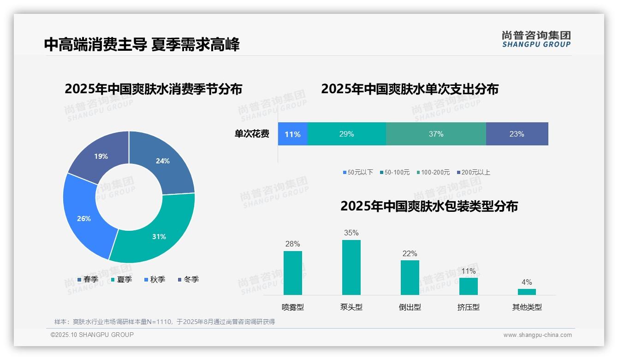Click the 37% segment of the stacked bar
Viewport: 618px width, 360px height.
[436, 134]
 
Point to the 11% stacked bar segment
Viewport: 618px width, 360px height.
[292, 134]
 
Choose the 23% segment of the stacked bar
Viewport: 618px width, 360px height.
[517, 134]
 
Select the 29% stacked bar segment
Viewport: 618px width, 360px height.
[346, 134]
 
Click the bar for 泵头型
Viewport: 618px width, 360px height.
[351, 267]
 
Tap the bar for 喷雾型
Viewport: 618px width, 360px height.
[292, 273]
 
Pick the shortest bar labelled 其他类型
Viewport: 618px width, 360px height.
[527, 292]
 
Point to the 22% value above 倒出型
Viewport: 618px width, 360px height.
[410, 253]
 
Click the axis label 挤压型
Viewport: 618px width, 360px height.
[468, 307]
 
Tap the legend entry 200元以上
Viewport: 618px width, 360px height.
[475, 172]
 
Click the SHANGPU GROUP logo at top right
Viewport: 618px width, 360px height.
[536, 39]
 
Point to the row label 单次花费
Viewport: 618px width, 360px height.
[252, 134]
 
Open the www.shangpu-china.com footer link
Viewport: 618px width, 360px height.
[537, 335]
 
